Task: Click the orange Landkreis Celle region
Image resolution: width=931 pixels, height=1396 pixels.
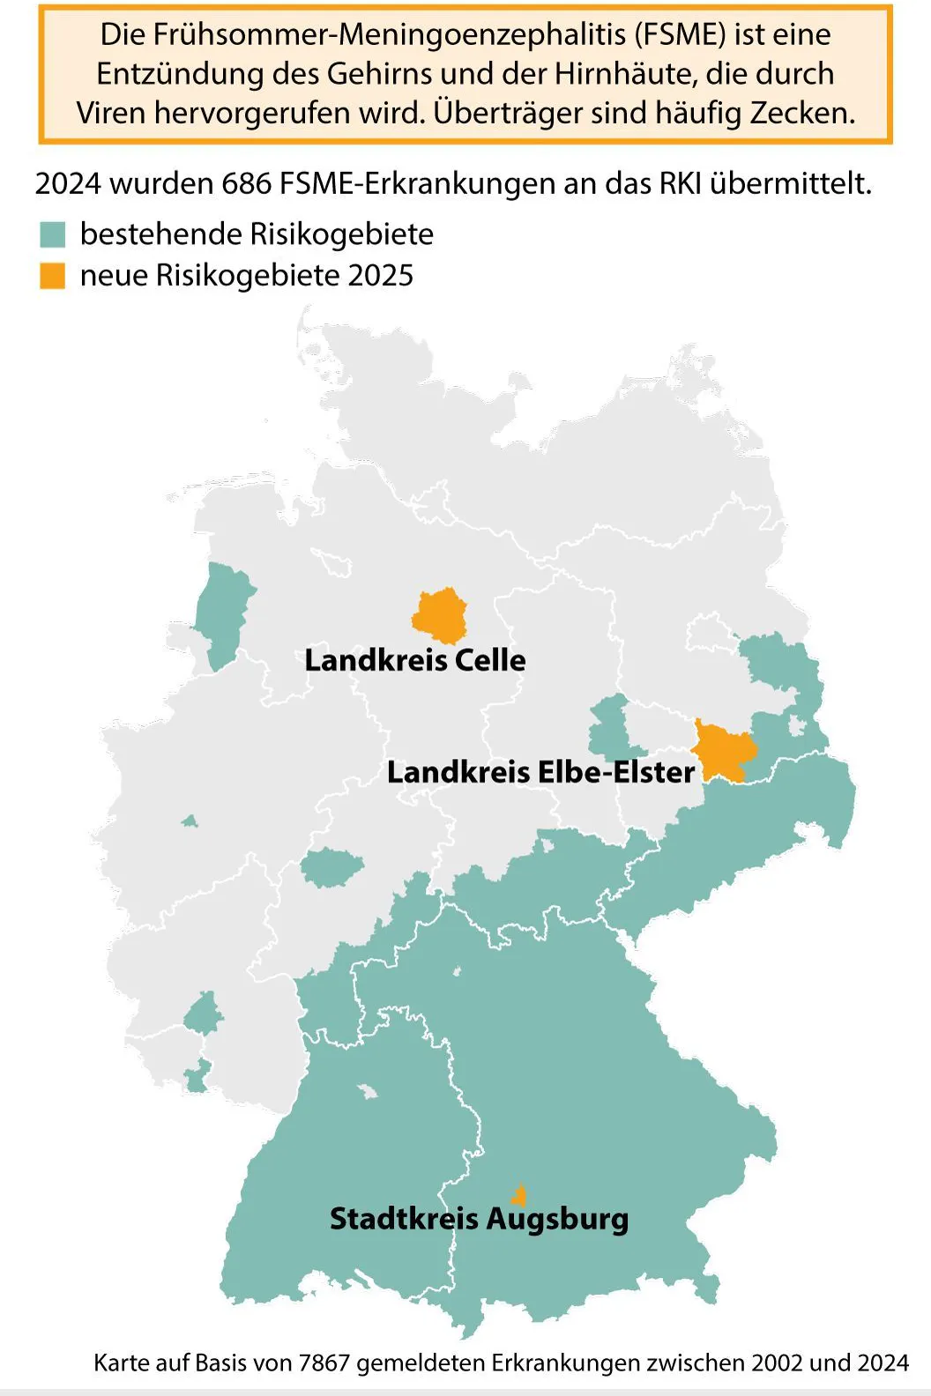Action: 440,616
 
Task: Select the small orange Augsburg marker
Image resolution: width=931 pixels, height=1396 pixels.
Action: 520,1196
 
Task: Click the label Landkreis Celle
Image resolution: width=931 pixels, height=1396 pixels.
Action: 414,660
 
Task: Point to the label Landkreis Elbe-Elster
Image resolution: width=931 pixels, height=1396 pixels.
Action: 540,772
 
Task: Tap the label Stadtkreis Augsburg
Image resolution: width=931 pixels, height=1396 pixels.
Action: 479,1219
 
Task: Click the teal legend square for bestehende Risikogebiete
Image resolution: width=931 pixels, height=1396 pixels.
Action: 53,234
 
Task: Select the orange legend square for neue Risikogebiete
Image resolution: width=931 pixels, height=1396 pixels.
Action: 53,276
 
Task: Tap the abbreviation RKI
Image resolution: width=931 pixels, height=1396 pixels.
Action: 680,183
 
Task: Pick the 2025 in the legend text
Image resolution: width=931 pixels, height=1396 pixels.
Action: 380,276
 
